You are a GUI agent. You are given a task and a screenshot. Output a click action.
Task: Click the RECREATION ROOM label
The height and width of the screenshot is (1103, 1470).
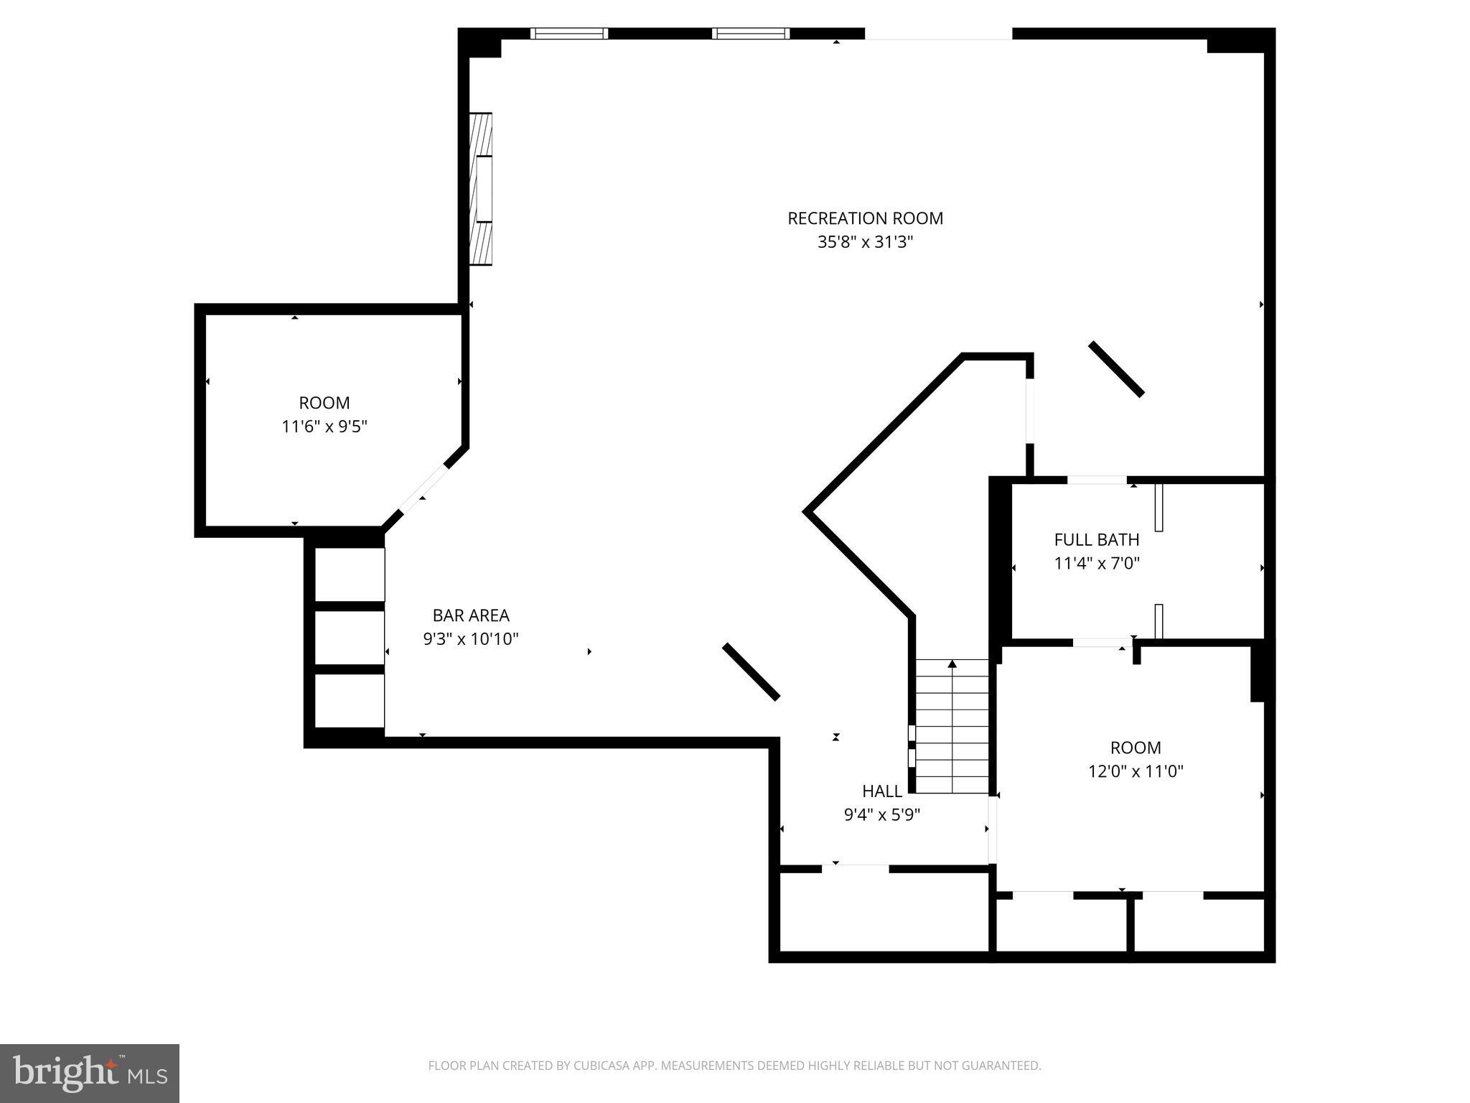coord(865,218)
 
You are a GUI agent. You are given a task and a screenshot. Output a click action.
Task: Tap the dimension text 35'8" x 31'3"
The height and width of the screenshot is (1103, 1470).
coord(865,242)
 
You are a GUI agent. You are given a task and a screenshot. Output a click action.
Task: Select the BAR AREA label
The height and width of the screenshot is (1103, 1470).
coord(470,615)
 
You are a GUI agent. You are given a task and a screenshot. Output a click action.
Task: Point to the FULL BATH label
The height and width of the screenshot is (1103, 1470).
coord(1096,539)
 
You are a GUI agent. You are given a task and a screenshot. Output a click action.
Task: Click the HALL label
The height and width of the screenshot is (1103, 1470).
coord(881,791)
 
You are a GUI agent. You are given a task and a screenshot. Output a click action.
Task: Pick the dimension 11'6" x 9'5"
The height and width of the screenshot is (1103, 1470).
coord(324,427)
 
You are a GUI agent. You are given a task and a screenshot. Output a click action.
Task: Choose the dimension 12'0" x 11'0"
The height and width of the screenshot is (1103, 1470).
coord(1135,771)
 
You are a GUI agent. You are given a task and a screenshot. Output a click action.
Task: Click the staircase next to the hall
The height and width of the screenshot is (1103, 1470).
coord(952,725)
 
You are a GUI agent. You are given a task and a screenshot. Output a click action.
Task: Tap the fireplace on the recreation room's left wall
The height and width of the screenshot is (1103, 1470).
coord(481,189)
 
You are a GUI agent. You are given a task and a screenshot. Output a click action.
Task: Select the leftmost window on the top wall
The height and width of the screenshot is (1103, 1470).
coord(569,33)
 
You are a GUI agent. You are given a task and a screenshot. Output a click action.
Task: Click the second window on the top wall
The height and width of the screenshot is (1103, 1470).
coord(751,33)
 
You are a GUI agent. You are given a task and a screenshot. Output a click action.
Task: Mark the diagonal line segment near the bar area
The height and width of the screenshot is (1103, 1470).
coord(751,671)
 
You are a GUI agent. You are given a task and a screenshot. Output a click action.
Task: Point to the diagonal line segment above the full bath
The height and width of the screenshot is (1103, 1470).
coord(1116,369)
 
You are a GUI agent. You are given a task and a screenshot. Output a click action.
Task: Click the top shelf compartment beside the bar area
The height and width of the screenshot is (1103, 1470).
coord(350,574)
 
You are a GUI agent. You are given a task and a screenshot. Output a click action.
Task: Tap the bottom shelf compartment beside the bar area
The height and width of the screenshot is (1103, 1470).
coord(350,700)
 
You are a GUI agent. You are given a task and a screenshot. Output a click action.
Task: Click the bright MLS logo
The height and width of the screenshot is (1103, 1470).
coord(89,1073)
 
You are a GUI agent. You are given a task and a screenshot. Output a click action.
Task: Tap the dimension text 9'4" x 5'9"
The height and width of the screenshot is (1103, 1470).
coord(881,815)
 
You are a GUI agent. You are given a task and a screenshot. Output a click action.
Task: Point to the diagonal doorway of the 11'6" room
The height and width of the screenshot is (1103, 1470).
coord(423,489)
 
